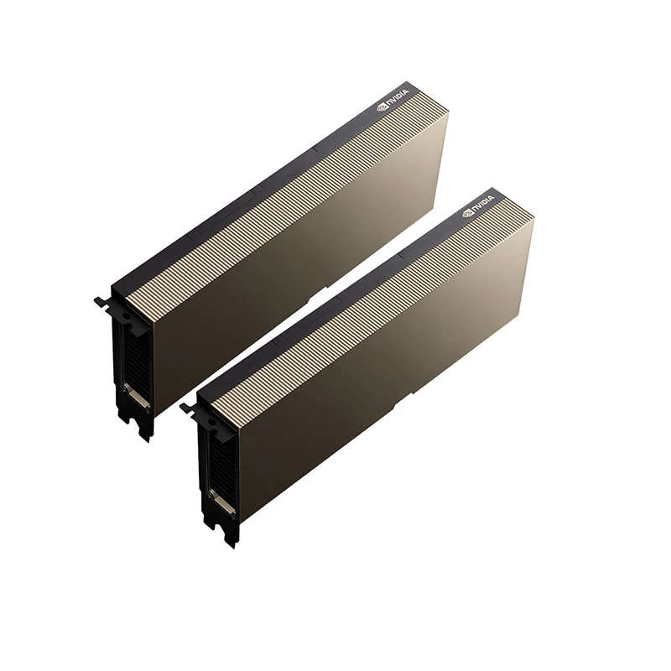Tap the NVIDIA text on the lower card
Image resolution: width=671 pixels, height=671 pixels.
(482, 205)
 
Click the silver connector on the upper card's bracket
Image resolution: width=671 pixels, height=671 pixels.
(136, 397)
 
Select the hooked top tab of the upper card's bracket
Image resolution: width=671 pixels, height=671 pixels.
(101, 301)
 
